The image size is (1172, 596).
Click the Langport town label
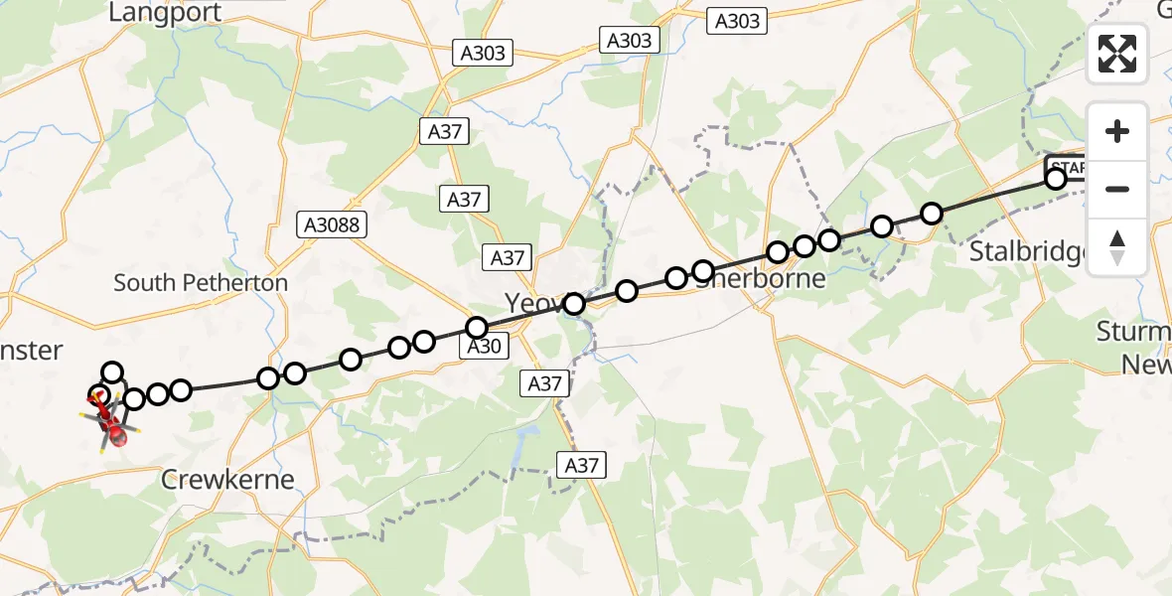[x=165, y=12]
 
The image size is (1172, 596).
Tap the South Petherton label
[x=201, y=283]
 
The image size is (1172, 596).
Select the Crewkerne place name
[x=228, y=480]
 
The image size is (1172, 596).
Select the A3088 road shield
[x=333, y=225]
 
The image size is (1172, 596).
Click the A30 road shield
[x=485, y=346]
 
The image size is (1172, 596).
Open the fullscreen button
[x=1117, y=54]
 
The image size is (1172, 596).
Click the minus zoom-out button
[x=1117, y=189]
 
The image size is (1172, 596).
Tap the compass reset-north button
[x=1117, y=247]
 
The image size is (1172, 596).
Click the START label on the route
[x=1068, y=166]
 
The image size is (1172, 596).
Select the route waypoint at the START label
[x=1056, y=179]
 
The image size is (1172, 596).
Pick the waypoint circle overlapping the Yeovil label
[x=574, y=304]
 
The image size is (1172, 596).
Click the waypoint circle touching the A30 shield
[x=477, y=328]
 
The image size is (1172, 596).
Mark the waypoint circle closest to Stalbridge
[x=932, y=214]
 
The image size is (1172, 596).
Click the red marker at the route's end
[x=117, y=434]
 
